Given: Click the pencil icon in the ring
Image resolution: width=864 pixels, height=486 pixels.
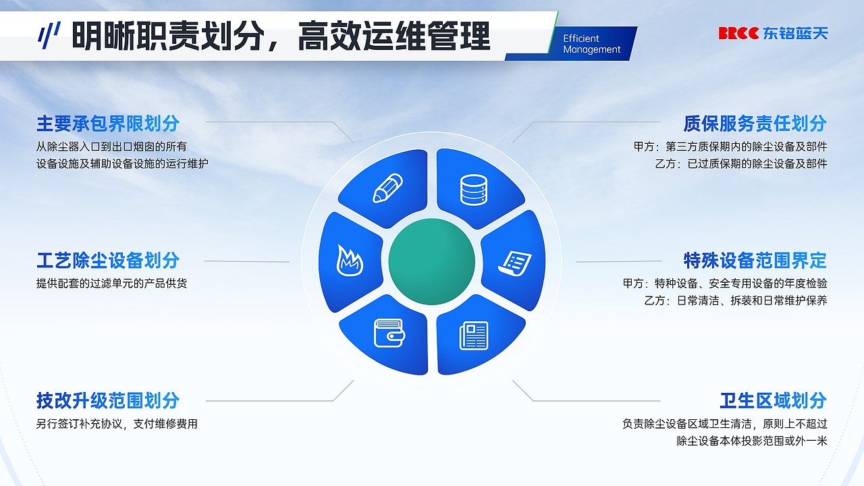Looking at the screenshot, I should coord(387,188).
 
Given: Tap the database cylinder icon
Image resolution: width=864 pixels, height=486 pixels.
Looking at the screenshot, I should coord(473,189).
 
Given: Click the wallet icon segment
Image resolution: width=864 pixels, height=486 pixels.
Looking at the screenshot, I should coord(388,333).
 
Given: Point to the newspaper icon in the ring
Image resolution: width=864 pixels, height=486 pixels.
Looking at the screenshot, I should coord(473,335).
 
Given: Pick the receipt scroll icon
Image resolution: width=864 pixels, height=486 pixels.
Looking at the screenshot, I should coord(516,262).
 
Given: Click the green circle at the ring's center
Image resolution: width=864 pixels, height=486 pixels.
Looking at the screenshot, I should coord(431,262).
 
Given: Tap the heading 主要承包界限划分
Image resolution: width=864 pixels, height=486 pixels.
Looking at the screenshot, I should coord(108,124).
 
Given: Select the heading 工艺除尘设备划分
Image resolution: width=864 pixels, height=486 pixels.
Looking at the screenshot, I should coord(108,260).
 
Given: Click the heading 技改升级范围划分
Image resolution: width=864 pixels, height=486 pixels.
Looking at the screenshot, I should coord(108,400).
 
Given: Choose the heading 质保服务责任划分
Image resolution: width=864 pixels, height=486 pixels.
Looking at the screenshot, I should coord(755,124).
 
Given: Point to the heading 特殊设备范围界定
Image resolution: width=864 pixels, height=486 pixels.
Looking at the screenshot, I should coord(755,260).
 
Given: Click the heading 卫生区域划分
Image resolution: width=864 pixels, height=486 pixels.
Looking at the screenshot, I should coord(773,400).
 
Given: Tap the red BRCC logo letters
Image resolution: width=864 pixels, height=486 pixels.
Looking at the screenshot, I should coord(738,33).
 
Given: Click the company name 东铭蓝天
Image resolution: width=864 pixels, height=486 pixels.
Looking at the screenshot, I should coord(795,33).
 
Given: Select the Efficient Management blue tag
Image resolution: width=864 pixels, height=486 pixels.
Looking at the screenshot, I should coord(592,44).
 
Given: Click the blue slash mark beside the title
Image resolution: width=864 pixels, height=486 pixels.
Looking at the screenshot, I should coord(49,35).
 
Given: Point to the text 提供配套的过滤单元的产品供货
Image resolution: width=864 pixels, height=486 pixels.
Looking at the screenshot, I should coord(111,283).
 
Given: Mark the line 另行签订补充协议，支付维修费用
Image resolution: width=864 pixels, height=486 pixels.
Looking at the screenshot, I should coord(117,424).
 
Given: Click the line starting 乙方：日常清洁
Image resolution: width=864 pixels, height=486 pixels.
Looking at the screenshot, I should coord(736,300).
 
